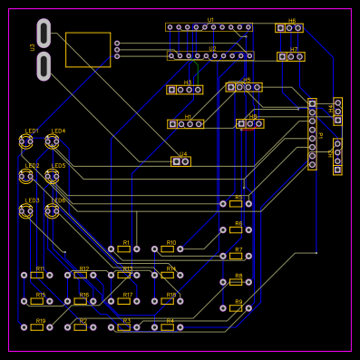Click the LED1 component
click(x=26, y=141)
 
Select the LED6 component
click(x=53, y=211)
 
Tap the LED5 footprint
click(x=53, y=177)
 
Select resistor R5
click(x=236, y=204)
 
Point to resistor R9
click(x=236, y=308)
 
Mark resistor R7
click(x=236, y=257)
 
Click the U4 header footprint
click(x=181, y=161)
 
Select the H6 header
click(x=289, y=28)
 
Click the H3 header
click(x=184, y=90)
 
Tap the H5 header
click(x=244, y=87)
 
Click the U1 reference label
click(x=210, y=19)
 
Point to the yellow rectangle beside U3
click(x=88, y=50)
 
